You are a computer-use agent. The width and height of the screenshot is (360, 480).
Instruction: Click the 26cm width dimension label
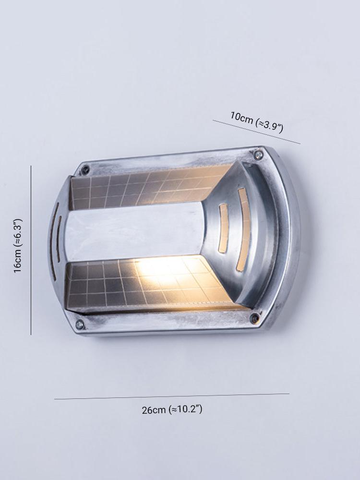point(172,409)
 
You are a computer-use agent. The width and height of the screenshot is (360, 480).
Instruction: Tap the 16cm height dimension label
point(17,245)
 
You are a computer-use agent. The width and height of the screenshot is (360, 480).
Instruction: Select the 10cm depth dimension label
point(257,122)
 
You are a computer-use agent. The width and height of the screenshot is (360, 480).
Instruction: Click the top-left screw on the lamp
point(85,169)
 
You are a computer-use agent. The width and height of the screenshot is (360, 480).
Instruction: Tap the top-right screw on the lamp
point(259,155)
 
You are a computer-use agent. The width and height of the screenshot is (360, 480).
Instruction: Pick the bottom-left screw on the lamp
point(80,324)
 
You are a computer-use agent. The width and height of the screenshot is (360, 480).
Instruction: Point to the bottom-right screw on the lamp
point(254,318)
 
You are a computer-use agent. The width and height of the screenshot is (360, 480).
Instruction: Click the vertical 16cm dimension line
point(31,250)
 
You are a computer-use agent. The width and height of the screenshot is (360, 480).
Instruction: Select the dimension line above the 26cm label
point(172,396)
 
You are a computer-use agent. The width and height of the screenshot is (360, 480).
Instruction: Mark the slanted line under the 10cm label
point(256,132)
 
